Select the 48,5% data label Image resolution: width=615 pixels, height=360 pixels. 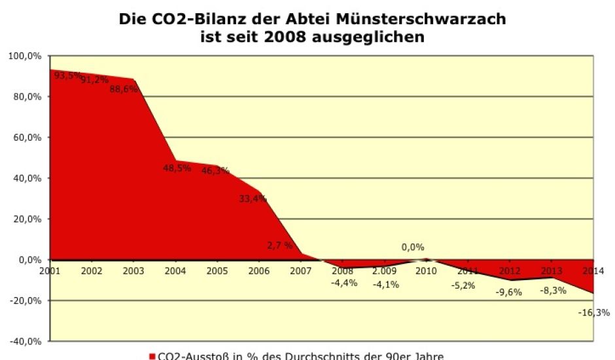click(x=177, y=168)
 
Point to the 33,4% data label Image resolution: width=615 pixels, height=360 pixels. click(x=253, y=199)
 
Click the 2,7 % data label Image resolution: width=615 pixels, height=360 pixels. click(x=280, y=245)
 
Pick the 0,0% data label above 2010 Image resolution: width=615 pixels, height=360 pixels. click(x=413, y=247)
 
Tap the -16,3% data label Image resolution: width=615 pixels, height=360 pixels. click(x=593, y=313)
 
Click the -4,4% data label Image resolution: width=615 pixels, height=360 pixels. click(x=344, y=283)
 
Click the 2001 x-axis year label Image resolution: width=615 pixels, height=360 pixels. click(x=50, y=270)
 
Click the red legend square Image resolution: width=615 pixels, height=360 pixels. click(x=152, y=356)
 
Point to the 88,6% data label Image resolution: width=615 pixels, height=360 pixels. click(x=124, y=90)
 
